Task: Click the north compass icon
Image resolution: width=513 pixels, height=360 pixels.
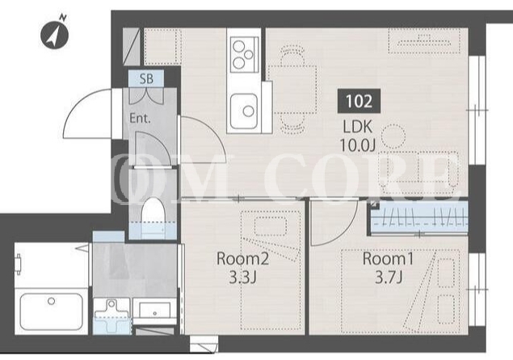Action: point(54,33)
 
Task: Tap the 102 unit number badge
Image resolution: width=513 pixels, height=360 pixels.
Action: point(359,101)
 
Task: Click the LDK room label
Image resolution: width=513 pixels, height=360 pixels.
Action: point(358,127)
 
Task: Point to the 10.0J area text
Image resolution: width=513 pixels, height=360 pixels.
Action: point(357,144)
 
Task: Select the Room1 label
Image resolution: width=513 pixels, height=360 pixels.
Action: point(388,259)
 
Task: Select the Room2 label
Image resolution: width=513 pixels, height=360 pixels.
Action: point(242,259)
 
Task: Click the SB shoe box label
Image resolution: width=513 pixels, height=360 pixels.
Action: point(146,78)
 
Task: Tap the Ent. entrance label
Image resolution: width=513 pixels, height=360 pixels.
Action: point(140,118)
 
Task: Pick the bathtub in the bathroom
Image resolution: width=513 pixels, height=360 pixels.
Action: point(52,312)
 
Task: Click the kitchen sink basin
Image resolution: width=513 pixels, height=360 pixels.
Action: point(243,111)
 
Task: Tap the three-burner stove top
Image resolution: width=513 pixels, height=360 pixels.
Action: point(245,54)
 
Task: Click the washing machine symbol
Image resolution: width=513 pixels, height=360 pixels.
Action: point(112,316)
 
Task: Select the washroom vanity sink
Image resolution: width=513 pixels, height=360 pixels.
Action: point(154,310)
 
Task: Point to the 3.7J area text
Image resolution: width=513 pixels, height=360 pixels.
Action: point(388,278)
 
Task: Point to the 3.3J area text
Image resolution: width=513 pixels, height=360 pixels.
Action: point(242,278)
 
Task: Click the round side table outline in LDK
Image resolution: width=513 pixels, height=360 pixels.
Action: point(394,136)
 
